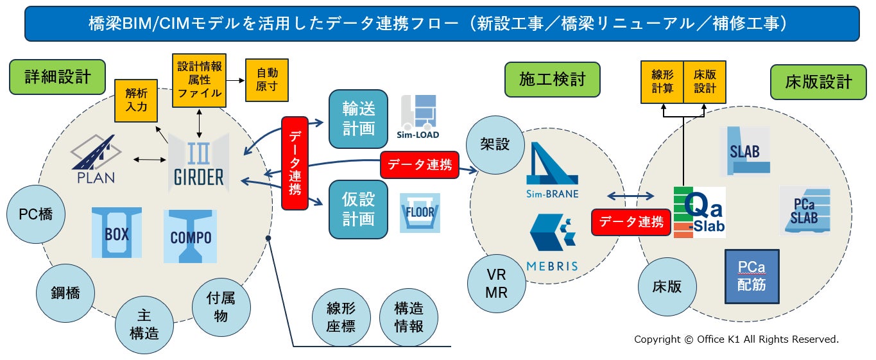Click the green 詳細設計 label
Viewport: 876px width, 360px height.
(57, 77)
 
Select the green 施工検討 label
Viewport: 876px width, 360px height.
(552, 80)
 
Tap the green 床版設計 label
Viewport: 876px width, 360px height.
(818, 82)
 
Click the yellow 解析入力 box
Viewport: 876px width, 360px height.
(136, 101)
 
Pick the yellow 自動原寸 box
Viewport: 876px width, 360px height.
(267, 80)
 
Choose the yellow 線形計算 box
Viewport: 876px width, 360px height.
(662, 82)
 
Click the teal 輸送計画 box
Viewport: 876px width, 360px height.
(359, 119)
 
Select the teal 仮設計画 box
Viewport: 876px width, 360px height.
(359, 209)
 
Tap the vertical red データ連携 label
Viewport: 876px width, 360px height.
(295, 163)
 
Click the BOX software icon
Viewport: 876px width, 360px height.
(117, 232)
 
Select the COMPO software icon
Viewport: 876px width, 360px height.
(191, 236)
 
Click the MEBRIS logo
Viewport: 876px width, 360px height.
(552, 243)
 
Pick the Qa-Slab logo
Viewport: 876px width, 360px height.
(700, 212)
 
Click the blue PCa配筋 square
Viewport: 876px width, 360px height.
(752, 277)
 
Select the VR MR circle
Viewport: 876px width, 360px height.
(497, 284)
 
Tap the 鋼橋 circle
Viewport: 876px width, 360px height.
(65, 293)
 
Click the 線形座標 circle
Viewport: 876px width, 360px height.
(341, 318)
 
